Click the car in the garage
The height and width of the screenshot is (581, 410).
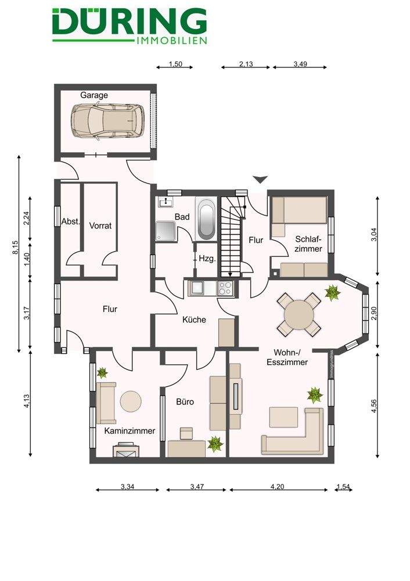(x=107, y=121)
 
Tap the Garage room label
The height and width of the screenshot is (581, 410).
(x=94, y=95)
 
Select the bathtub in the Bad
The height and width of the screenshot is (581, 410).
(x=206, y=219)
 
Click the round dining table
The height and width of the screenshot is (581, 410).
(x=299, y=314)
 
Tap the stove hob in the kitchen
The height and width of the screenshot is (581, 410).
(x=226, y=288)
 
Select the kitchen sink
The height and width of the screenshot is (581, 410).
(x=196, y=288)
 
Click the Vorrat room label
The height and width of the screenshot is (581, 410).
(x=100, y=225)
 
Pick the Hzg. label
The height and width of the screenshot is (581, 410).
(x=207, y=259)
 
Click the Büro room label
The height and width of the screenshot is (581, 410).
(x=185, y=401)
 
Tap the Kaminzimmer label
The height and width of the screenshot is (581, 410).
(x=130, y=431)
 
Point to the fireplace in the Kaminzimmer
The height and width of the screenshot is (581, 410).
(x=126, y=450)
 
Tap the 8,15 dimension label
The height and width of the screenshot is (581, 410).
(x=15, y=247)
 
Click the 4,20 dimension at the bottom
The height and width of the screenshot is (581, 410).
(x=278, y=486)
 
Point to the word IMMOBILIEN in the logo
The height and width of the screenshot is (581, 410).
(x=172, y=41)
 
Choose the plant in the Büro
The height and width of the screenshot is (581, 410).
(x=215, y=443)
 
